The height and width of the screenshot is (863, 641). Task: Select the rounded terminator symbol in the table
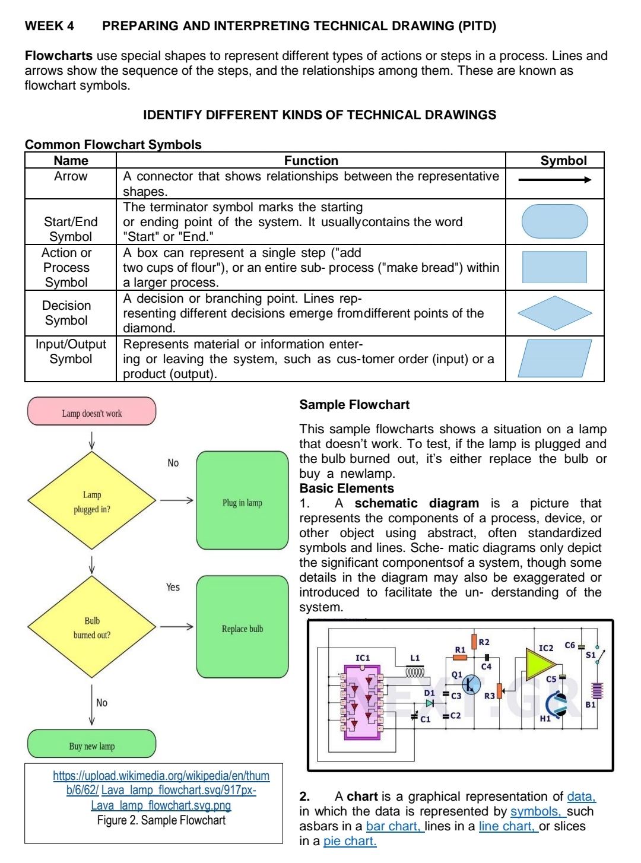click(554, 221)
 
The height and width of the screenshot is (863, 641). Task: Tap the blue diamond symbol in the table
click(554, 313)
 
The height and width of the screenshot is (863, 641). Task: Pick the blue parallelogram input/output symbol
click(554, 358)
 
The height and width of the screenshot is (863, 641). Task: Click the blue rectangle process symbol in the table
click(554, 267)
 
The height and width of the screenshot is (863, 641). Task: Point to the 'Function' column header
click(311, 161)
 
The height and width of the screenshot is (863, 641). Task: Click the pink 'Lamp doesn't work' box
click(92, 412)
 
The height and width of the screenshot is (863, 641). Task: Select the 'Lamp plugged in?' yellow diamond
click(92, 501)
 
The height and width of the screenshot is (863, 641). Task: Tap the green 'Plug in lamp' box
click(242, 501)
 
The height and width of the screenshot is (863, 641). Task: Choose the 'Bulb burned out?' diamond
click(92, 627)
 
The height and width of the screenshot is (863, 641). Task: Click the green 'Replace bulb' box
click(242, 627)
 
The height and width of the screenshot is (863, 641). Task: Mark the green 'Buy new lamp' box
click(92, 744)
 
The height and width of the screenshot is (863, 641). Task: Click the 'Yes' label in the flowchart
click(173, 587)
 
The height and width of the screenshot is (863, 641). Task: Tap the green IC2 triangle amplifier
click(539, 663)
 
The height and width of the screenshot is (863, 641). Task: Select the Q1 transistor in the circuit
click(471, 684)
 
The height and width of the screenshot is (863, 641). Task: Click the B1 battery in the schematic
click(597, 691)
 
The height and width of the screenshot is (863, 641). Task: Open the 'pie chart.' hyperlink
click(350, 841)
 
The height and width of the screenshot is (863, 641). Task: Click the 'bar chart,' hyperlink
click(395, 826)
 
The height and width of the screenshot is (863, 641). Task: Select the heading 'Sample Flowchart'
click(354, 405)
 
